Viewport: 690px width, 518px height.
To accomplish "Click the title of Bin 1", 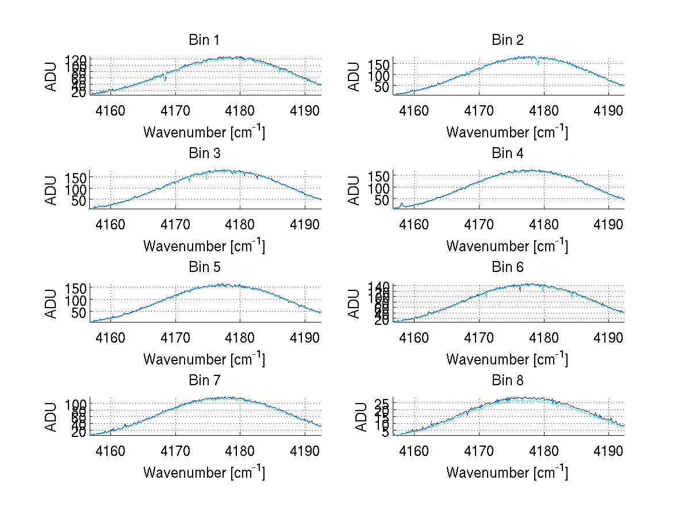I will [x=204, y=40].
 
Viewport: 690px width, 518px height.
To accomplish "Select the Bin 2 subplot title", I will [x=508, y=40].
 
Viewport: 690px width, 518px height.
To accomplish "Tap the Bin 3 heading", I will [x=204, y=154].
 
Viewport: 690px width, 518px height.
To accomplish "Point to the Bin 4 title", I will [x=508, y=154].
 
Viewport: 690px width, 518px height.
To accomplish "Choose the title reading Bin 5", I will [x=204, y=267].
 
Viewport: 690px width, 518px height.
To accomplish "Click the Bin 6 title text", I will [x=508, y=267].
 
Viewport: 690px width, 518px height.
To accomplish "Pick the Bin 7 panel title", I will [x=204, y=381].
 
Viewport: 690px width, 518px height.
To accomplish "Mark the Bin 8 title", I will [x=508, y=381].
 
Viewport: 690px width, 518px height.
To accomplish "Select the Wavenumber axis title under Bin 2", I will [x=507, y=132].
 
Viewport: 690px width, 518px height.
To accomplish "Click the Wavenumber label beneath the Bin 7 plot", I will [x=204, y=473].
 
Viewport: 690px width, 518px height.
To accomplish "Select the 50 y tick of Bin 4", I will [x=382, y=199].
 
